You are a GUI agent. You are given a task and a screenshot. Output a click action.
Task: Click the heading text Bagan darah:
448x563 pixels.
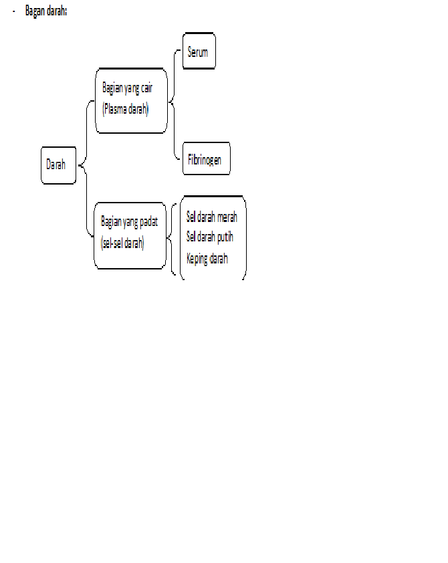click(45, 11)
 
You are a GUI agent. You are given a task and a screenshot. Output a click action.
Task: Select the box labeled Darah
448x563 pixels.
click(58, 164)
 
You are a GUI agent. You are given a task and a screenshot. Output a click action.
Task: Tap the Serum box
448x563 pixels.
click(199, 51)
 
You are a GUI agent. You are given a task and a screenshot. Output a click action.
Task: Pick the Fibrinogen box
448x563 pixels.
click(206, 159)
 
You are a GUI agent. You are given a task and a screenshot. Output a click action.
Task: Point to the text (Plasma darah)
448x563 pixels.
click(126, 109)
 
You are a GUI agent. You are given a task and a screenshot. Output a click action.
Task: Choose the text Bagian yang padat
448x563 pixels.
click(129, 222)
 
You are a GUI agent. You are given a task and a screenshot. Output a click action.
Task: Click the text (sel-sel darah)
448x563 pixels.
click(122, 243)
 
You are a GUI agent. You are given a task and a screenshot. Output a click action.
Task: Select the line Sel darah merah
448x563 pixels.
click(211, 217)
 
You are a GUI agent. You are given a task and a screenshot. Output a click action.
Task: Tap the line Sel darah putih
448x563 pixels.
click(209, 237)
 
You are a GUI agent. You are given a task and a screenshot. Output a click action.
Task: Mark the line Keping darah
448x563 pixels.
click(207, 258)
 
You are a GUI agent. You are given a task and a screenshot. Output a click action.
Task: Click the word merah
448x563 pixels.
click(227, 217)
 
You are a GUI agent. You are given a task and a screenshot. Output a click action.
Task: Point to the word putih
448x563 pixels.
click(225, 237)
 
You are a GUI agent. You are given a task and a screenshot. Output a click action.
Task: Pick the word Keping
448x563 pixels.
click(197, 259)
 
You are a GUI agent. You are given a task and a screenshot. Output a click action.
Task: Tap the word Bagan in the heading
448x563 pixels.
click(35, 11)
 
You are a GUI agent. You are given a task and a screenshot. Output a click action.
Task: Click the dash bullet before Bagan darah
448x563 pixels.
click(14, 11)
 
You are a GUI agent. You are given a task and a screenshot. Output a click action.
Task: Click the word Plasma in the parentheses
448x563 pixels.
click(114, 109)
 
